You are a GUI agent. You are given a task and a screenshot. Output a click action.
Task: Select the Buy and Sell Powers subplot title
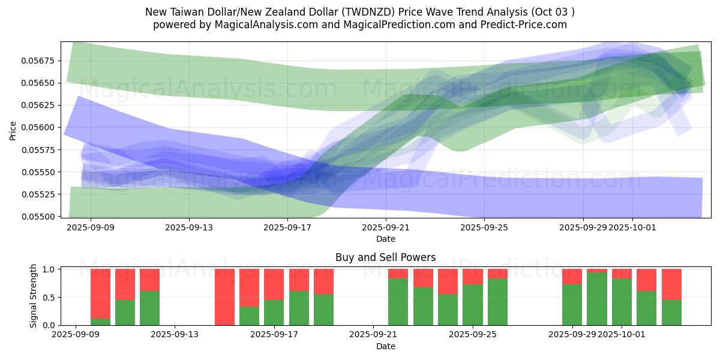[385, 257]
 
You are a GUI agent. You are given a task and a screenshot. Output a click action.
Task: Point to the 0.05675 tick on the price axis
[39, 61]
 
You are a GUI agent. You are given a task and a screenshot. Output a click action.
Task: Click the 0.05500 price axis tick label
[39, 216]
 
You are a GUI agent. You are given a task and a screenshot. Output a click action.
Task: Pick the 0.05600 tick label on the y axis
[39, 127]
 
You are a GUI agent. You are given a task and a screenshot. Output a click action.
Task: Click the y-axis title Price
[13, 131]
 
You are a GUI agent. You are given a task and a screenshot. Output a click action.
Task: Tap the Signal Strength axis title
[34, 296]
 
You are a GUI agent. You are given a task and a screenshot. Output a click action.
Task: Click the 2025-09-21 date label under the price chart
[386, 228]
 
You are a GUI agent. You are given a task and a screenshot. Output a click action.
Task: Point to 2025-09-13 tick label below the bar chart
[174, 335]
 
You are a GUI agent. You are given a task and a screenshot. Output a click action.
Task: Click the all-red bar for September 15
[224, 297]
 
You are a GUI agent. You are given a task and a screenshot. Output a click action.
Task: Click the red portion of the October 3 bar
[671, 284]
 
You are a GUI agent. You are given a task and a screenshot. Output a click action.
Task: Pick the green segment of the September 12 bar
[149, 308]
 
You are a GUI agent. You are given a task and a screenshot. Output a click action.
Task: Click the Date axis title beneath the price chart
[385, 239]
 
